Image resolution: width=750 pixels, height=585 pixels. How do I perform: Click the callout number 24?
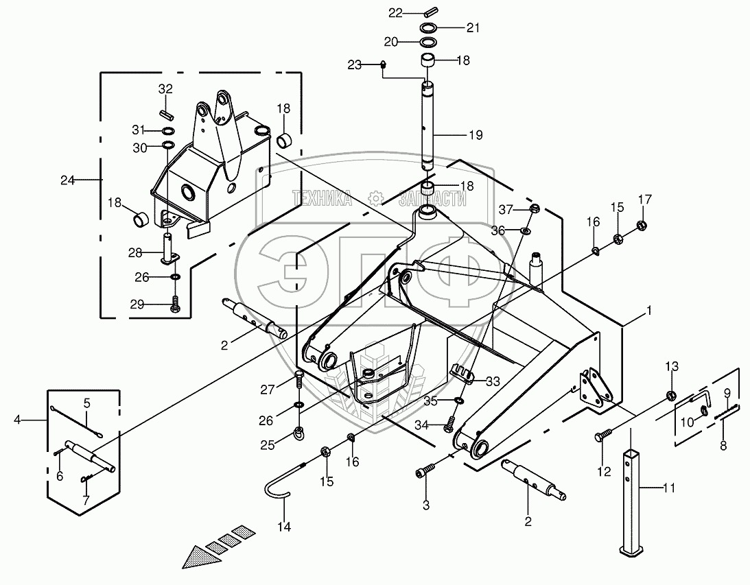(67, 181)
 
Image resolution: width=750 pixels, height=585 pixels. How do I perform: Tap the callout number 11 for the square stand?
(669, 489)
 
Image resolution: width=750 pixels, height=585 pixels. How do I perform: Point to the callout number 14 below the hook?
(284, 527)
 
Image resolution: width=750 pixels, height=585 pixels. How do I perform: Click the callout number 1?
(648, 311)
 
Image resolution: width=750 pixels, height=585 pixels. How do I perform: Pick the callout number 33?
(493, 381)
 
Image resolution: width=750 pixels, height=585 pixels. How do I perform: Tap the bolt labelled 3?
(425, 473)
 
